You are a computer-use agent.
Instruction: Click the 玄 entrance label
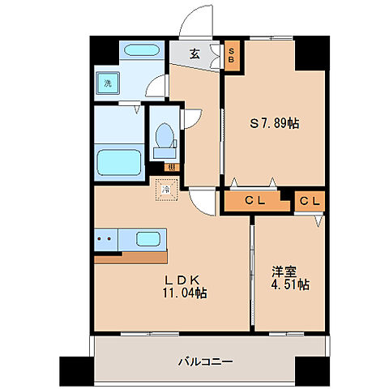(x=195, y=54)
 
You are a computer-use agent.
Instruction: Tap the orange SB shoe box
(x=231, y=55)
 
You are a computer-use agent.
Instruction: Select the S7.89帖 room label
(x=273, y=123)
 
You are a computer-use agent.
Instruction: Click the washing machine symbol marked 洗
(x=107, y=83)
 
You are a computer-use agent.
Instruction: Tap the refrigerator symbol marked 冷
(x=166, y=190)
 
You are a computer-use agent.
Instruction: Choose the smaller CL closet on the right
(x=310, y=200)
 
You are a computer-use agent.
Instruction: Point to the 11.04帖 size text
(x=184, y=293)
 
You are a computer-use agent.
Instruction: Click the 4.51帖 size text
(x=290, y=285)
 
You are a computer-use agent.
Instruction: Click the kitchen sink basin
(x=147, y=239)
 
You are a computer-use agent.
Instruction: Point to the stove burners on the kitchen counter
(x=104, y=239)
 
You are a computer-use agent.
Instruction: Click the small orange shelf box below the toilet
(x=169, y=168)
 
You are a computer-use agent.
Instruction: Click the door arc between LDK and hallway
(x=203, y=198)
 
